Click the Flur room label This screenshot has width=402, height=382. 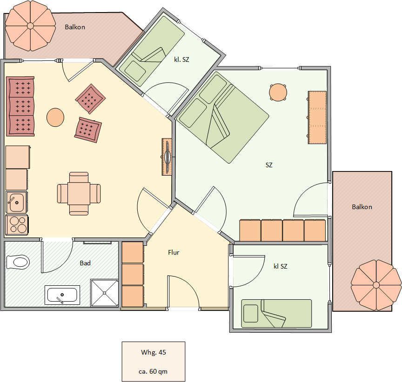point(174,252)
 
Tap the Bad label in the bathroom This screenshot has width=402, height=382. point(85,263)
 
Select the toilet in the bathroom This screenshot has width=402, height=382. point(17,262)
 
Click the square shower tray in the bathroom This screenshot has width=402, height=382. point(104,293)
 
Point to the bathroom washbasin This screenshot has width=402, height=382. point(62,295)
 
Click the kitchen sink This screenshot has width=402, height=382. point(16,202)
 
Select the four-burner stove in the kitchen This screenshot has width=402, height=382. point(17,225)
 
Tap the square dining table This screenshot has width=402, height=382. point(79,193)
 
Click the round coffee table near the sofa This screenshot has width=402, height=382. point(55,117)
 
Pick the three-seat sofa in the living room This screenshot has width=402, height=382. point(20,106)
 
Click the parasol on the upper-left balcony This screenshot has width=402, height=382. point(30,26)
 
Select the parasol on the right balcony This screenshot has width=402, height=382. point(376,285)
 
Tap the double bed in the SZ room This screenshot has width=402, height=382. point(223,117)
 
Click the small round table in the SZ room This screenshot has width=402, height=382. point(278,92)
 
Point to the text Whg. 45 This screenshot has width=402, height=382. point(154,352)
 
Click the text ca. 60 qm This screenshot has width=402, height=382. point(153,371)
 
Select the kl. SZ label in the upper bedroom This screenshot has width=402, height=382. point(181,59)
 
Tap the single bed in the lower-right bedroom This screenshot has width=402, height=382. point(276,313)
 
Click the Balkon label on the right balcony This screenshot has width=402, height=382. point(362,207)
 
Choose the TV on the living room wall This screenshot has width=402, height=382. point(167,157)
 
